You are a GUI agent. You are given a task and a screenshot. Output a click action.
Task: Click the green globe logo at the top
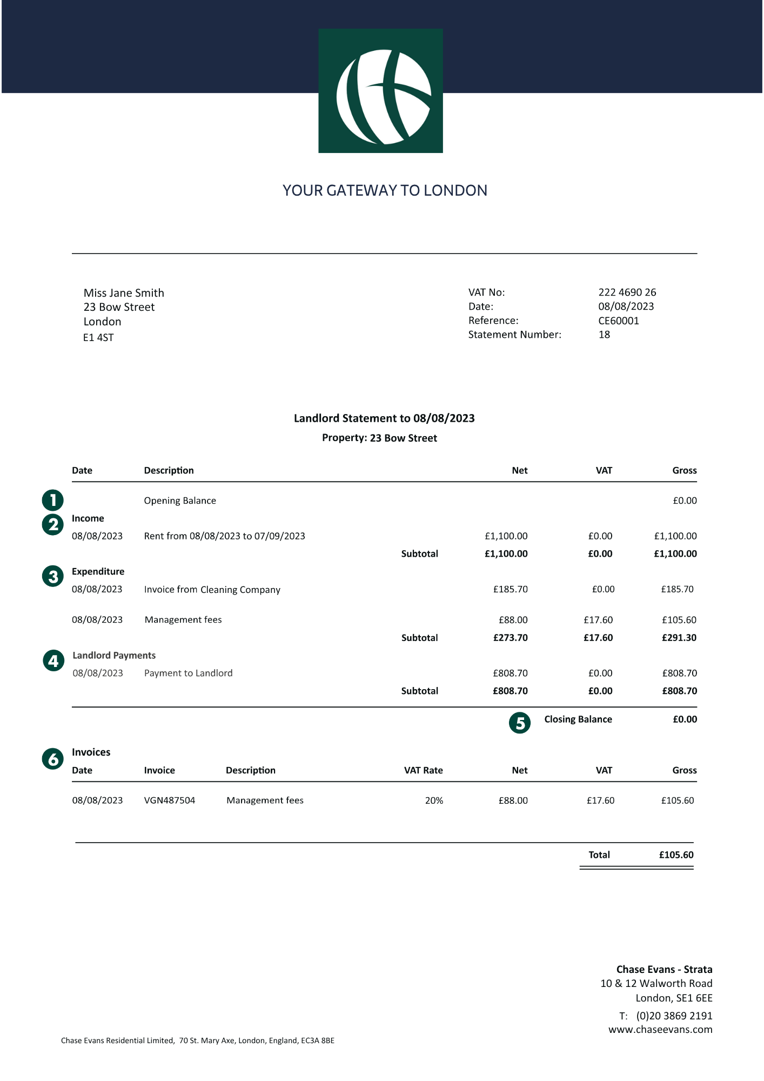(380, 91)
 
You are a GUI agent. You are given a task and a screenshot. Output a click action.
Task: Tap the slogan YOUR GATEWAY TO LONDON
(385, 190)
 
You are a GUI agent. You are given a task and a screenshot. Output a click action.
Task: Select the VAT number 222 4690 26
(627, 292)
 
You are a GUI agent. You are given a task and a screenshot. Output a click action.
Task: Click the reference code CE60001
(618, 321)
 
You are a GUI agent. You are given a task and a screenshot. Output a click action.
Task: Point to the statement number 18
(604, 335)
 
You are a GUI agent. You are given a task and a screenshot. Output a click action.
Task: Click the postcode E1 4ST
(98, 338)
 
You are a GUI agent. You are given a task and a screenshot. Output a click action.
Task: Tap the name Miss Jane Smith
(124, 293)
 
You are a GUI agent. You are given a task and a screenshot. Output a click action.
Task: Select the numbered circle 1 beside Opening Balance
(53, 500)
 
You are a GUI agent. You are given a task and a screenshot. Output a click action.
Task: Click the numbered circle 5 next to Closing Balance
(520, 723)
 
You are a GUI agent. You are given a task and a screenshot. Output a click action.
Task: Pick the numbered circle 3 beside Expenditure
(53, 576)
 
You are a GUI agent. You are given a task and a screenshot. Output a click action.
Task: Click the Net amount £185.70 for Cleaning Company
(510, 589)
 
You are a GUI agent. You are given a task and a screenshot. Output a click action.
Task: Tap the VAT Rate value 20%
(434, 800)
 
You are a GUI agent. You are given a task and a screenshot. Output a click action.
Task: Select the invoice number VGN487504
(170, 800)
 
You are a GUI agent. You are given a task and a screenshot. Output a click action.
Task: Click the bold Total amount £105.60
(676, 855)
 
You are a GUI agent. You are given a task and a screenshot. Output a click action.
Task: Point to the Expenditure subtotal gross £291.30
(679, 638)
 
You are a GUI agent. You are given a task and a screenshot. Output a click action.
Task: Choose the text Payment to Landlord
(188, 673)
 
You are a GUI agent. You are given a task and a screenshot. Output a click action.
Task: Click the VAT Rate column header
(423, 770)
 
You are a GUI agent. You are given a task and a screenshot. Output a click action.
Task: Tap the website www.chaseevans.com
(660, 1030)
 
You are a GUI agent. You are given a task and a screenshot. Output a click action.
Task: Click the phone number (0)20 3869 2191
(674, 1016)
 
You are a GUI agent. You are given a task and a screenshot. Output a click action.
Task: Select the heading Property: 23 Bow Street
(379, 438)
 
